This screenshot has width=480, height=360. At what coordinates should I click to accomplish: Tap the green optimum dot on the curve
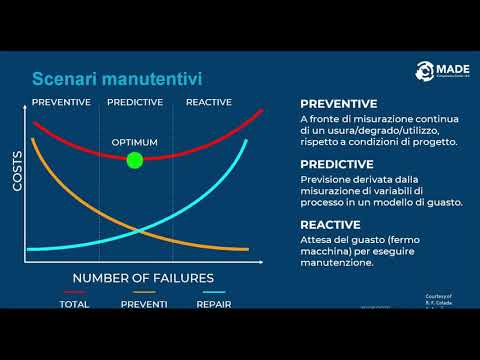click(x=135, y=160)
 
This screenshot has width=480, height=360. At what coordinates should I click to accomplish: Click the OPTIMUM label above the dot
click(x=134, y=142)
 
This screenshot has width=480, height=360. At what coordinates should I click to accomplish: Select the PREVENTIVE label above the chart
click(x=61, y=102)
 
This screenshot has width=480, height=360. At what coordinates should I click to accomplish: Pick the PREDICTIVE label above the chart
click(x=135, y=102)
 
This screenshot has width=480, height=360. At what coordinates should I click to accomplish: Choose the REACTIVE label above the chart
click(x=208, y=102)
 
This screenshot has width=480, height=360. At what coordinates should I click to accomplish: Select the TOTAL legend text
click(x=74, y=304)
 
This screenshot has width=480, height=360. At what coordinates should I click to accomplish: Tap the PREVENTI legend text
click(x=143, y=304)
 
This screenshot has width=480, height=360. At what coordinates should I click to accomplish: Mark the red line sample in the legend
click(x=74, y=292)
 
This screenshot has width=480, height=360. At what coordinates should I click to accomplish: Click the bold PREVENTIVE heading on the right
click(x=338, y=103)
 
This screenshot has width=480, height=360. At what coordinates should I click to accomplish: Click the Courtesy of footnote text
click(x=439, y=296)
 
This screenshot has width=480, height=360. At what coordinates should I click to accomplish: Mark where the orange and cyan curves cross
click(x=137, y=231)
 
